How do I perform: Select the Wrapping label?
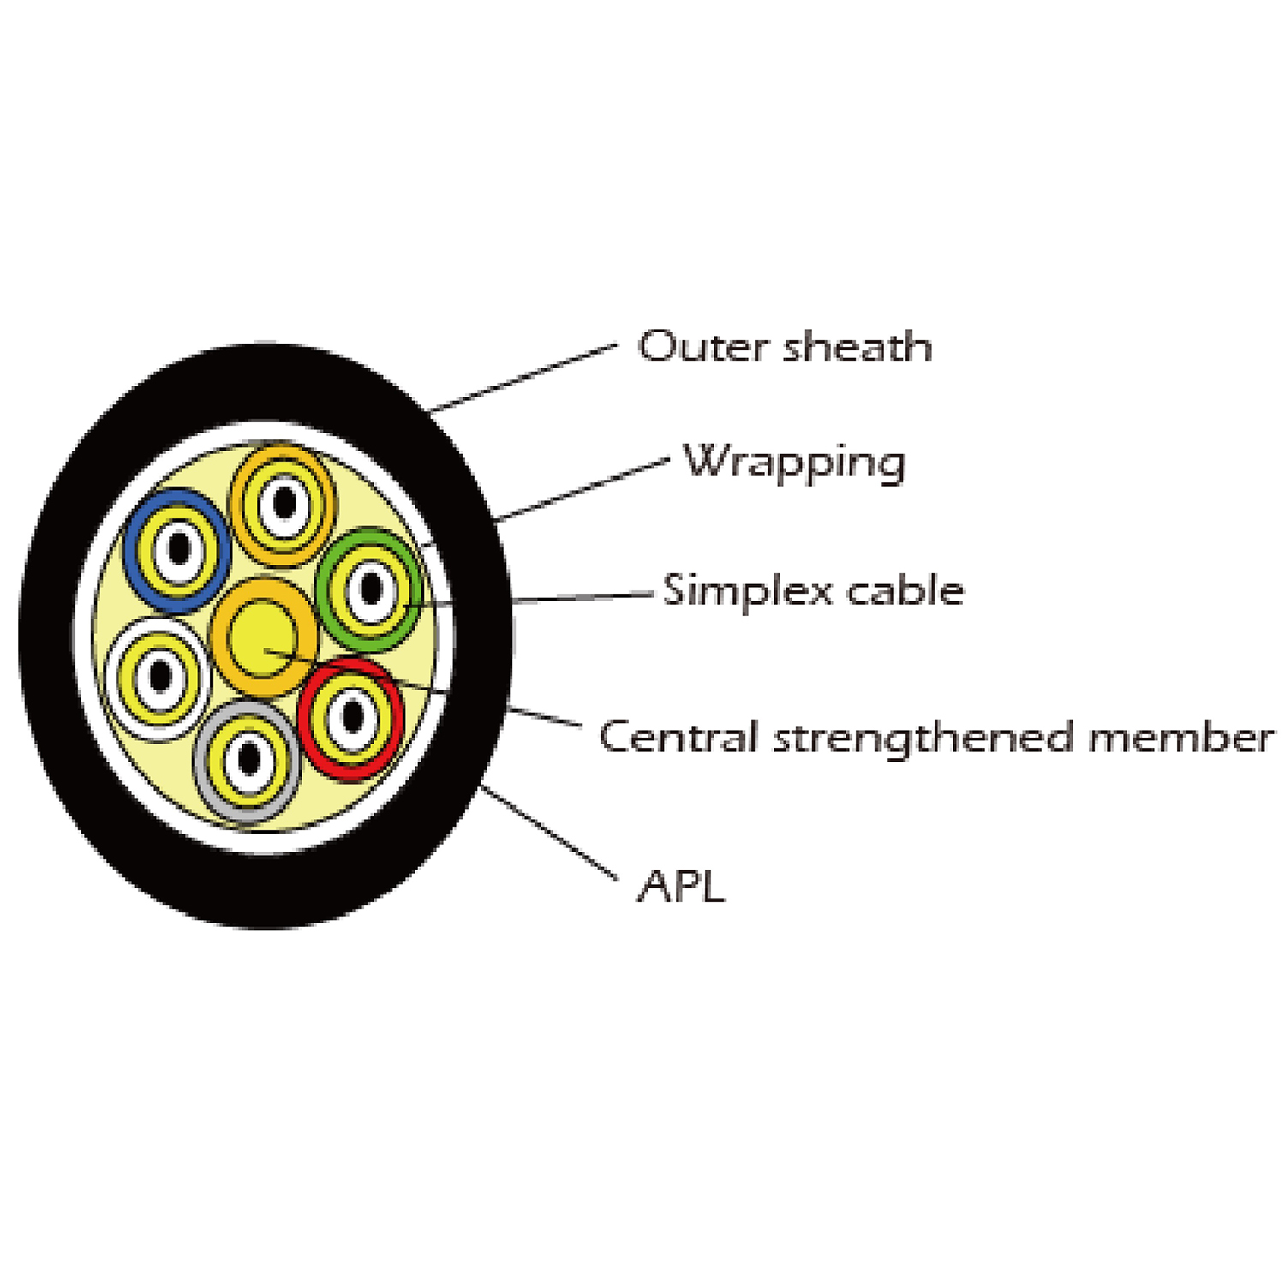pyautogui.click(x=794, y=463)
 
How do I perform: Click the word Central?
pyautogui.click(x=678, y=738)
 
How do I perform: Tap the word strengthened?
pyautogui.click(x=923, y=738)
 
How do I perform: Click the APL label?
pyautogui.click(x=682, y=886)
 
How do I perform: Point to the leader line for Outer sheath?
pyautogui.click(x=523, y=378)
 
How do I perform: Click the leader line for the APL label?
pyautogui.click(x=548, y=832)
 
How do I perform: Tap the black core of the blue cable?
pyautogui.click(x=178, y=549)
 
